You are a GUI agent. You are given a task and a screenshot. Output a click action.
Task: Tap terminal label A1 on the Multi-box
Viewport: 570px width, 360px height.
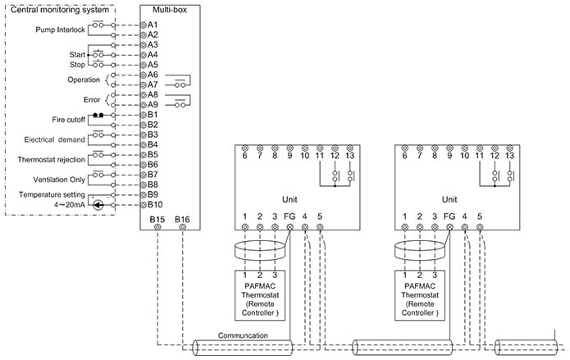pyautogui.click(x=153, y=25)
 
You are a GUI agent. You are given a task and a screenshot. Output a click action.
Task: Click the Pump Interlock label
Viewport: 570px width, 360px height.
pyautogui.click(x=59, y=30)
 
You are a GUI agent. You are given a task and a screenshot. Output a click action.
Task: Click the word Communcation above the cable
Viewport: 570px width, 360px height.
pyautogui.click(x=243, y=335)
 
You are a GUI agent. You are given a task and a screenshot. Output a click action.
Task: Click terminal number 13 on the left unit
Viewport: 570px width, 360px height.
pyautogui.click(x=350, y=155)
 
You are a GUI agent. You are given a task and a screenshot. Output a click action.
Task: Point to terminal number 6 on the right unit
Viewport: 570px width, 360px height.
pyautogui.click(x=404, y=155)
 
